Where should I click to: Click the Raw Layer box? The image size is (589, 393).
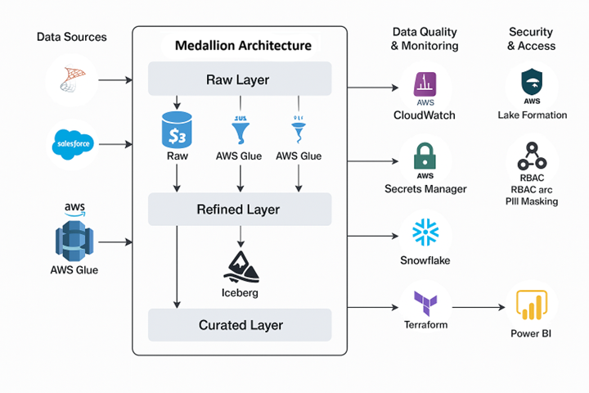(x=239, y=80)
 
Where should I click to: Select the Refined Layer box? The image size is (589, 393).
(x=239, y=210)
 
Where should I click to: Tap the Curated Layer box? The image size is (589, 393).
(x=239, y=325)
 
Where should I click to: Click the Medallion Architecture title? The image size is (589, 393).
(x=243, y=45)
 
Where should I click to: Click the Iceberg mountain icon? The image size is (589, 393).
(x=240, y=264)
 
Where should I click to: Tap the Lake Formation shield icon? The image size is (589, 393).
(x=532, y=83)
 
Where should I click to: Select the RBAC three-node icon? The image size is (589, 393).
(x=532, y=156)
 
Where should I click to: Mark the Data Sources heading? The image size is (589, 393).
(x=72, y=37)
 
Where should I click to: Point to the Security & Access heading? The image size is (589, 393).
(x=532, y=39)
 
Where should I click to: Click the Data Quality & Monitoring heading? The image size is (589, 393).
(x=425, y=39)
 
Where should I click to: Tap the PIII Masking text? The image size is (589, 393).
(x=532, y=201)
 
